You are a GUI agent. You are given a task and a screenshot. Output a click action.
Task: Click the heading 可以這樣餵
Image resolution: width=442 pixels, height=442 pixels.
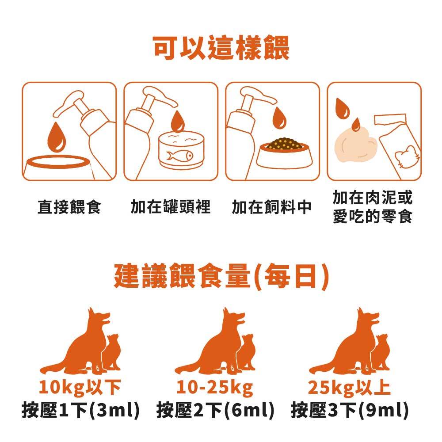tap(221, 48)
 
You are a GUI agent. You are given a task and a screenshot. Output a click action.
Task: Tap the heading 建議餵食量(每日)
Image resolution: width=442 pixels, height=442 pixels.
tap(221, 276)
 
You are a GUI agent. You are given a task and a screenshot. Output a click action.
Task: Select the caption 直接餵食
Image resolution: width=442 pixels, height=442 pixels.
tap(69, 207)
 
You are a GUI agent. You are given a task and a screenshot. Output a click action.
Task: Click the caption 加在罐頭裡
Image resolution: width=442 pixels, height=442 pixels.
tap(171, 206)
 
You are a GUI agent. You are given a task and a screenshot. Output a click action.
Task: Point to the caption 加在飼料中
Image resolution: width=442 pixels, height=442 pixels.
tap(271, 207)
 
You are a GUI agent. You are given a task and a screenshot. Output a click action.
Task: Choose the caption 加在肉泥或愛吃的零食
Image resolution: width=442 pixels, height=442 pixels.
tap(372, 206)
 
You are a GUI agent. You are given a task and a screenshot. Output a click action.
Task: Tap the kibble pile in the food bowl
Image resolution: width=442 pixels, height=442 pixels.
tap(285, 144)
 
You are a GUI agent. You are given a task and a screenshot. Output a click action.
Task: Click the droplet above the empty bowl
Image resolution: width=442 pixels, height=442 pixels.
tap(57, 137)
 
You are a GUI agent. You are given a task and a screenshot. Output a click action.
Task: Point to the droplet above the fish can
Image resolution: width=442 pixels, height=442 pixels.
tap(178, 121)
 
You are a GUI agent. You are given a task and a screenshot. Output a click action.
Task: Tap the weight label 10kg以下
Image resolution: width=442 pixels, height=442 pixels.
tap(80, 387)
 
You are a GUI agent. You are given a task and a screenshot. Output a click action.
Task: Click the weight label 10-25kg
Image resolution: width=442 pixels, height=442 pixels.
tap(215, 387)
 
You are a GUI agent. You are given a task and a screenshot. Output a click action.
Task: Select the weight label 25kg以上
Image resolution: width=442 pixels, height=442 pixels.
tap(349, 387)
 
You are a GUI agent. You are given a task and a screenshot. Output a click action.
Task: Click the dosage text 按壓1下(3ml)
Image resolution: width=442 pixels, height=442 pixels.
tap(80, 410)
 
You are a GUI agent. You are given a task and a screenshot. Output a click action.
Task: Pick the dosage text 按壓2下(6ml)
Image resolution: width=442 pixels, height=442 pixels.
tap(215, 410)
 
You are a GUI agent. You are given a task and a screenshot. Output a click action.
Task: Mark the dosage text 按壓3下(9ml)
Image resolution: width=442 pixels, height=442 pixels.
tap(350, 410)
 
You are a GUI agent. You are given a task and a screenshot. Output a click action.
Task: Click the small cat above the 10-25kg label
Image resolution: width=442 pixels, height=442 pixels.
tap(246, 352)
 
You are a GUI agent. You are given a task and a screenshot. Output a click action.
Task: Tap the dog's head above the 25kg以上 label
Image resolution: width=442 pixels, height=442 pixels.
tap(368, 317)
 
